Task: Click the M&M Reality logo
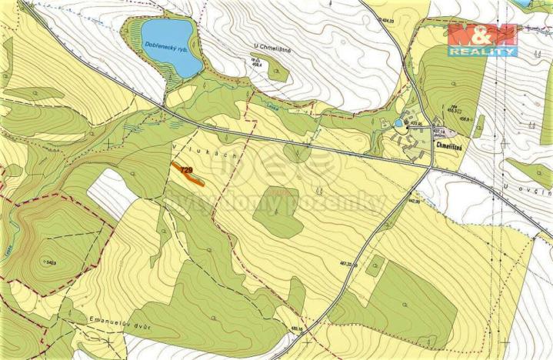click(483, 39)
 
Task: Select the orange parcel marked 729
click(193, 177)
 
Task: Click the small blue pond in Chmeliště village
click(398, 123)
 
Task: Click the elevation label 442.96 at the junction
click(414, 202)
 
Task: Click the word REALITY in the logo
click(483, 52)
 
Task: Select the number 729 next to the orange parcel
click(185, 170)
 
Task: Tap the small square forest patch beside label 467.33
click(375, 266)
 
